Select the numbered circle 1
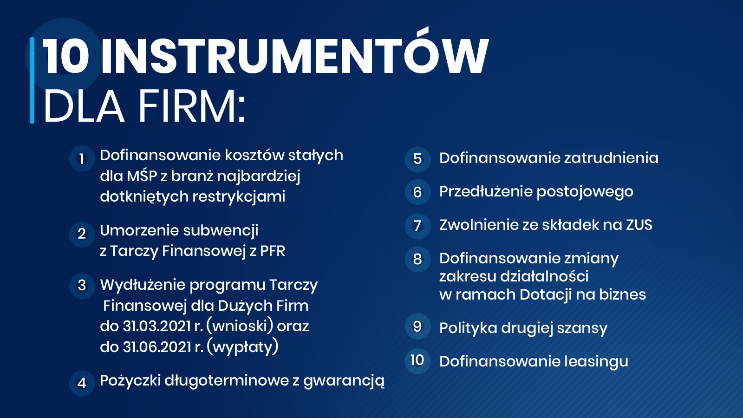[82, 159]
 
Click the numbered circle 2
[82, 234]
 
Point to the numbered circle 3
[82, 286]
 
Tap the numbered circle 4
[82, 383]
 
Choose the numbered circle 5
[417, 159]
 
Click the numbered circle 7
[417, 226]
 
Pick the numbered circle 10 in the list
[417, 360]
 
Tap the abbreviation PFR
[272, 251]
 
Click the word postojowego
[585, 192]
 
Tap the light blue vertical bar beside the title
[32, 80]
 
